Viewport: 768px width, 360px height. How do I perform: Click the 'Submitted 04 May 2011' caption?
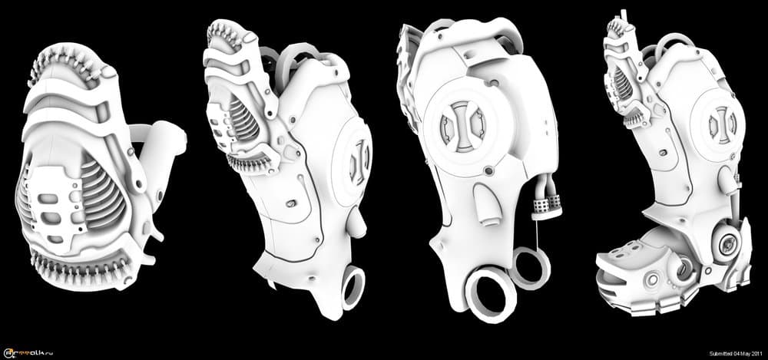tap(733, 352)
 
